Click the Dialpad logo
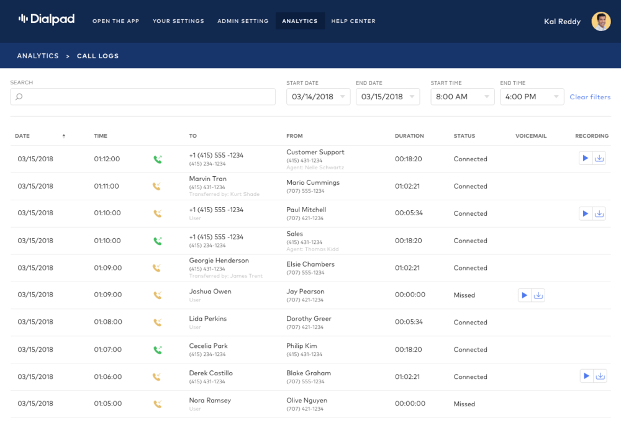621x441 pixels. click(47, 20)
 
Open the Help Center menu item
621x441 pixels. click(353, 21)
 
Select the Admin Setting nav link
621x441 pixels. click(243, 21)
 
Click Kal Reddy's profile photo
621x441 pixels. click(601, 21)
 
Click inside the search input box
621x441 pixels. click(143, 97)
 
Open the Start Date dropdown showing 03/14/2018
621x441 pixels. click(318, 97)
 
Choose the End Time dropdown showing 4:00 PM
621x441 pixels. click(532, 97)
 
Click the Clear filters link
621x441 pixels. click(590, 97)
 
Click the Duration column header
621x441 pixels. click(409, 136)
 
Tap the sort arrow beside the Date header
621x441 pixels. click(63, 136)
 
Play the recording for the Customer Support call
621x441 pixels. click(585, 159)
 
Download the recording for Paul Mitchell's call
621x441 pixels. click(599, 213)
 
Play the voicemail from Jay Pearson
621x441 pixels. click(525, 295)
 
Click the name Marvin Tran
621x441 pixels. click(208, 179)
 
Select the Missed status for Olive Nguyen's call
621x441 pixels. click(464, 404)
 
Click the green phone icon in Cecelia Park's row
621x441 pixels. click(157, 350)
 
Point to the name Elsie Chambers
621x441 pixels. click(310, 264)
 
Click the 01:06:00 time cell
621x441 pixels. click(107, 376)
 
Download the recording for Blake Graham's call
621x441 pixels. click(600, 376)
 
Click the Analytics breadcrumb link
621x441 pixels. click(38, 56)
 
